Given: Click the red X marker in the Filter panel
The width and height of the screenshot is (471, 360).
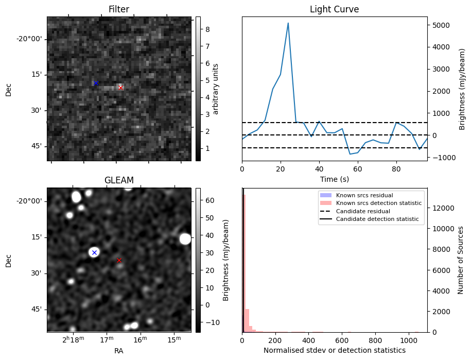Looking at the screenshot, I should pos(120,88).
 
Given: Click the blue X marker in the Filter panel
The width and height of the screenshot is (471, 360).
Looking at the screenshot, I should pos(96,83).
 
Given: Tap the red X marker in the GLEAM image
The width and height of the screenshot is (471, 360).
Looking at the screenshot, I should pos(119,261).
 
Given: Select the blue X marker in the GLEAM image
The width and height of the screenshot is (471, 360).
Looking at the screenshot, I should pos(94,252).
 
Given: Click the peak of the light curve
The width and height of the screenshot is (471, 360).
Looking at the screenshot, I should pos(288,23).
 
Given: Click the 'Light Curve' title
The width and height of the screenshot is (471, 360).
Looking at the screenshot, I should pos(334,9).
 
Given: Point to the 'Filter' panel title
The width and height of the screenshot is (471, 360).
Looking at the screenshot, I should pos(118,9).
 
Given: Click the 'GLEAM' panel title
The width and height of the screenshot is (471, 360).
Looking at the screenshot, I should pos(118,180).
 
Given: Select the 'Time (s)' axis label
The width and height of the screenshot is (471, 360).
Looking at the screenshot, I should pos(334,178).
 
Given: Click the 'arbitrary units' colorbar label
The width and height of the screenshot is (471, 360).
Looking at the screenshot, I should pos(216,89).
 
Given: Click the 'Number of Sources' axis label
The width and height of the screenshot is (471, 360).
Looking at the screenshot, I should pos(461,260).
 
